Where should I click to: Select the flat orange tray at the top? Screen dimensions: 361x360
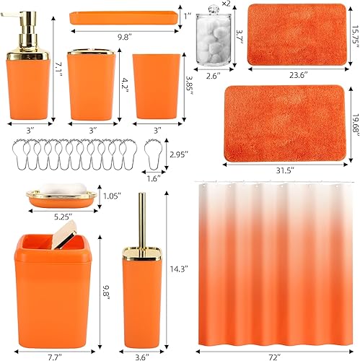pyautogui.click(x=123, y=17)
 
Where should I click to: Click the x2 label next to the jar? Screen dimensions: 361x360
pyautogui.click(x=226, y=5)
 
